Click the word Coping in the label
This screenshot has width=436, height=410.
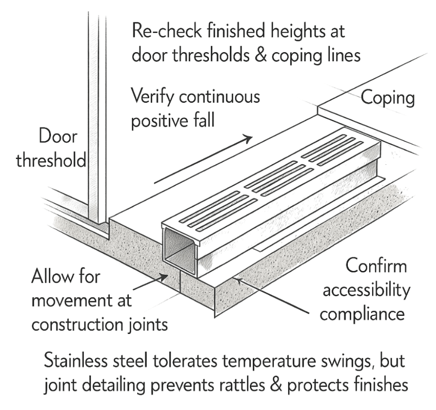387,99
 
